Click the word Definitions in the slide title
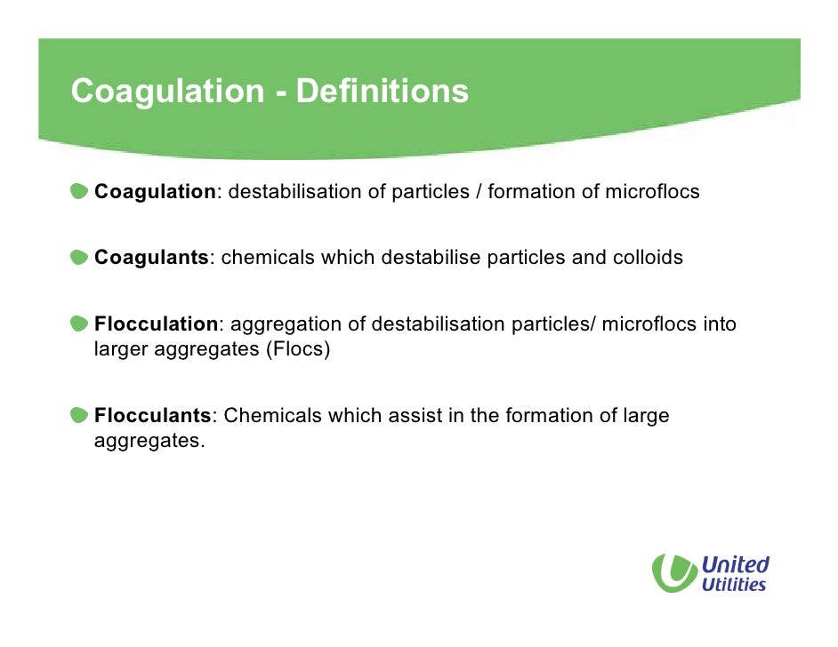coord(382,91)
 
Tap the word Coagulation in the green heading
coord(167,91)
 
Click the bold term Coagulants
coord(151,258)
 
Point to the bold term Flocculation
coord(156,324)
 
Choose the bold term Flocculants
coord(153,415)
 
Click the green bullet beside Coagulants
coord(80,258)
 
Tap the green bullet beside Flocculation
coord(80,324)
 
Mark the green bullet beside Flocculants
coord(80,415)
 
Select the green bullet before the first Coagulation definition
coord(80,191)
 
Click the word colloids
coord(648,258)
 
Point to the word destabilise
coord(431,258)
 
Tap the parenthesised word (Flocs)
coord(297,349)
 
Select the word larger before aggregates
coord(121,349)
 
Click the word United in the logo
coord(735,564)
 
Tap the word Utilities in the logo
coord(733,584)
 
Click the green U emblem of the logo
coord(673,572)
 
